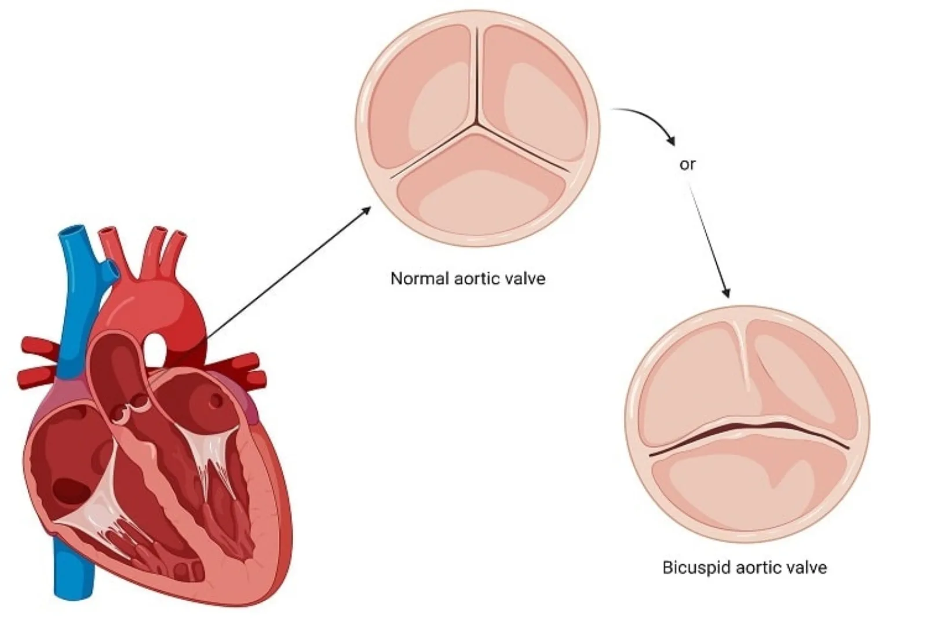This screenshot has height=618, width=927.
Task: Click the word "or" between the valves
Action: pyautogui.click(x=687, y=164)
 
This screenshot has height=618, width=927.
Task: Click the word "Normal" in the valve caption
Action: pyautogui.click(x=419, y=279)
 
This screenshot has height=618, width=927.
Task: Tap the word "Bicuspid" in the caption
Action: pyautogui.click(x=696, y=568)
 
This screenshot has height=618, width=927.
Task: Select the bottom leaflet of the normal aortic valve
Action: pyautogui.click(x=481, y=184)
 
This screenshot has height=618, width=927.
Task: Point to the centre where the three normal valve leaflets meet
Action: pyautogui.click(x=477, y=123)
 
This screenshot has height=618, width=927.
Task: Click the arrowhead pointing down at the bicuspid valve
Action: pyautogui.click(x=726, y=292)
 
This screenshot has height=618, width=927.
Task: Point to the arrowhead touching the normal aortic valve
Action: pyautogui.click(x=366, y=210)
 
